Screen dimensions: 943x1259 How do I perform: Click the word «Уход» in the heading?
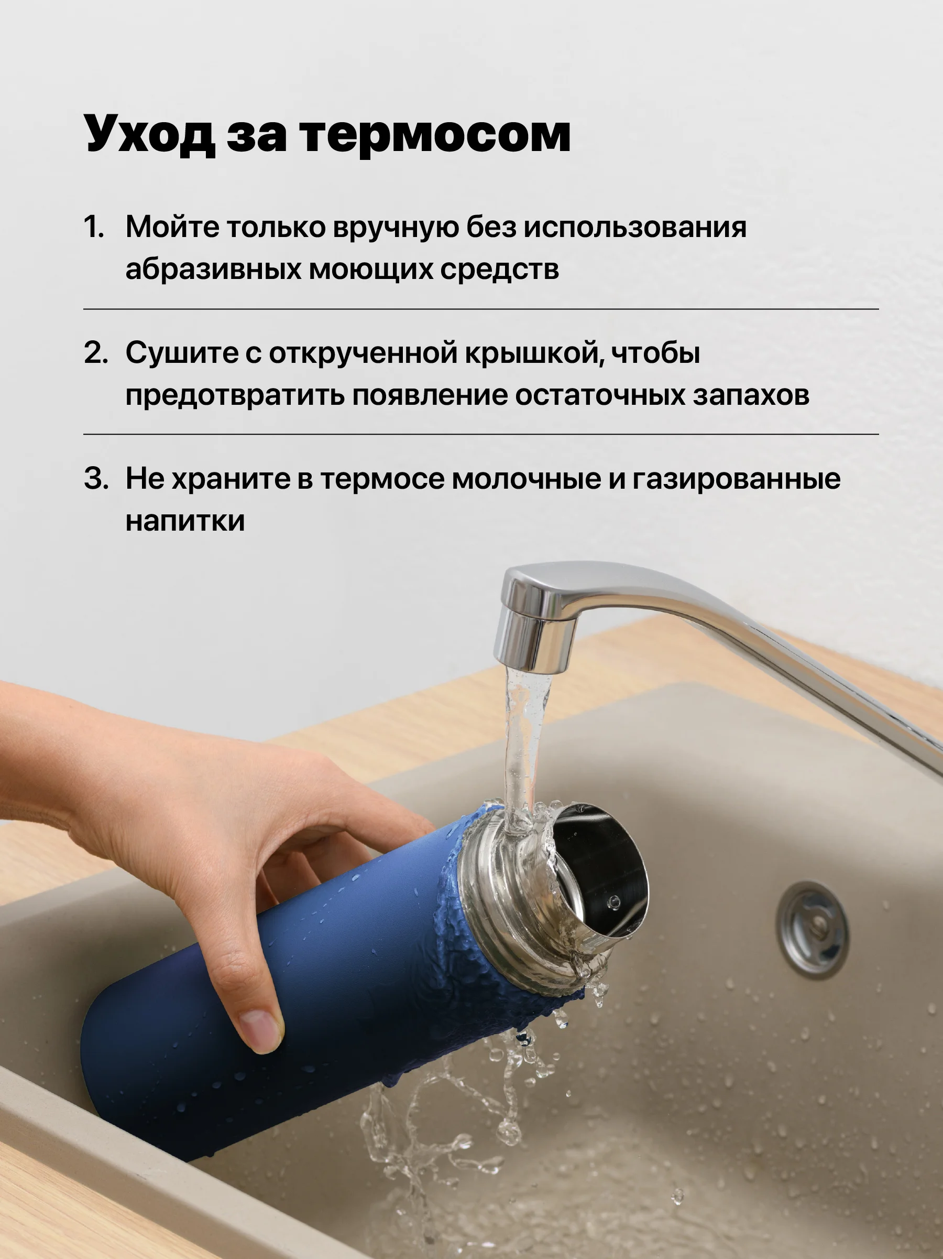150,134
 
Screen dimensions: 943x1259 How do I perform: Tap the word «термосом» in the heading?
436,134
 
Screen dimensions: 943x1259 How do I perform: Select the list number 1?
94,227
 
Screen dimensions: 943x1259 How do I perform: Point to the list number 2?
95,352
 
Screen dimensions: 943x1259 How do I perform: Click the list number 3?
95,478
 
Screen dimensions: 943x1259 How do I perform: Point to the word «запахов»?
751,395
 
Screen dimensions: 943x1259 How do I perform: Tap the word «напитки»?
185,521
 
